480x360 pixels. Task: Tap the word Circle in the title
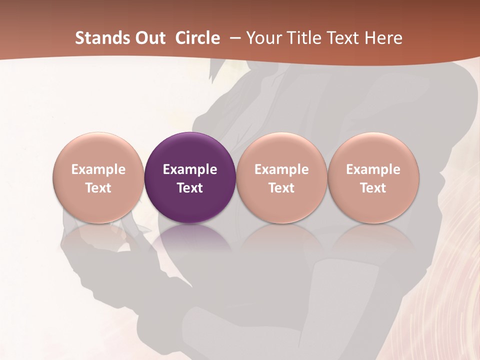pyautogui.click(x=197, y=38)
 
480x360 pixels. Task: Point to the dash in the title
pyautogui.click(x=235, y=38)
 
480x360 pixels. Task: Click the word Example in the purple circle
pyautogui.click(x=190, y=169)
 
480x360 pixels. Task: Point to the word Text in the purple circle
pyautogui.click(x=190, y=188)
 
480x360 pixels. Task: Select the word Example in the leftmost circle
pyautogui.click(x=98, y=169)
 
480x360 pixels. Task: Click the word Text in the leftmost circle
pyautogui.click(x=98, y=188)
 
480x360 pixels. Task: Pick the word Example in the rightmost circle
pyautogui.click(x=373, y=169)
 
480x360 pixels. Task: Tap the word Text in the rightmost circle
pyautogui.click(x=373, y=188)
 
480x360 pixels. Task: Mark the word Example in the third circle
pyautogui.click(x=281, y=169)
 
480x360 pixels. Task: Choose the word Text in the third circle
pyautogui.click(x=281, y=188)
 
